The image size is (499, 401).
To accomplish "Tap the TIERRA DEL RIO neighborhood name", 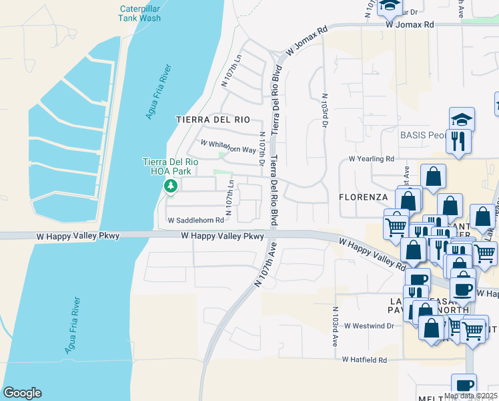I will [213, 120].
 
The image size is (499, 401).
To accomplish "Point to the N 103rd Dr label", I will [325, 107].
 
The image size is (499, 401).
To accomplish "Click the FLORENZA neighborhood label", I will [363, 197].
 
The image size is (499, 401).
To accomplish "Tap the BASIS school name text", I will [422, 135].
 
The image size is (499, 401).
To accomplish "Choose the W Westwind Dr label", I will [369, 325].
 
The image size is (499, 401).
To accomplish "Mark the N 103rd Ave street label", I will [336, 326].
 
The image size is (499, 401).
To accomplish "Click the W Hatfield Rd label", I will [364, 360].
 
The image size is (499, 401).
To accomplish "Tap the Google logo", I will [22, 393].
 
